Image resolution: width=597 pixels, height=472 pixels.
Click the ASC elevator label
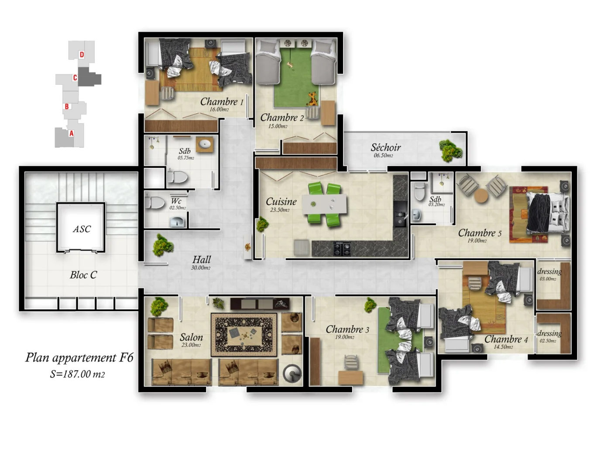tap(82, 229)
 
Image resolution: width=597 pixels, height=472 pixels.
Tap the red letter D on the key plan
tap(82, 55)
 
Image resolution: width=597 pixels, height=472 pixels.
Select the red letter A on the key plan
tap(71, 133)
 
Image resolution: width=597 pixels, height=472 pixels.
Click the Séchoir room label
tap(385, 148)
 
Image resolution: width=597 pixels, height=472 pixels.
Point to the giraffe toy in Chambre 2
tap(312, 99)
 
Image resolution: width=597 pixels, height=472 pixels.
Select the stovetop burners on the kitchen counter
tap(342, 248)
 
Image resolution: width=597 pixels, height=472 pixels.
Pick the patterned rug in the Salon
tap(244, 335)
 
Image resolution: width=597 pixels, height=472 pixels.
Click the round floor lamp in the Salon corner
tap(292, 374)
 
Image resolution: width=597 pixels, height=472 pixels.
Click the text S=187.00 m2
tap(77, 374)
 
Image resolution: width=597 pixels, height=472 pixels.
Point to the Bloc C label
tap(83, 275)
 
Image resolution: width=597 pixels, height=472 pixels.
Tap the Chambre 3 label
tap(347, 330)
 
